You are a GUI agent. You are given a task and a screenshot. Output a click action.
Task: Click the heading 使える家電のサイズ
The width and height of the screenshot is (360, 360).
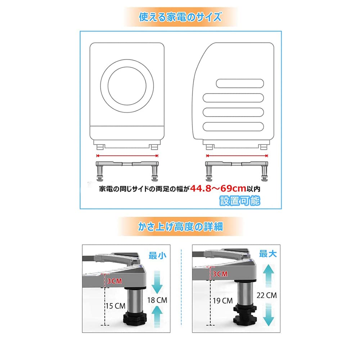click(x=180, y=17)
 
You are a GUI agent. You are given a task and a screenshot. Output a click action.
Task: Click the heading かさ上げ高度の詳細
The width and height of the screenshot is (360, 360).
click(x=180, y=227)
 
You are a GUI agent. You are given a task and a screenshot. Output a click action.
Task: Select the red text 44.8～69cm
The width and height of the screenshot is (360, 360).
click(x=218, y=188)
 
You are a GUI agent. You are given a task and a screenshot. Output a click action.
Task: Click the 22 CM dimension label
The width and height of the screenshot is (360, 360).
click(x=267, y=295)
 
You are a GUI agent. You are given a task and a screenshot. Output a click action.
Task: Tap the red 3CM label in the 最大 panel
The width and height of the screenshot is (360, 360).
click(x=220, y=274)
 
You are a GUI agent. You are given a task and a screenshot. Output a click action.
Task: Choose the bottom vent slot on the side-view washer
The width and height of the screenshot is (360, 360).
click(x=234, y=126)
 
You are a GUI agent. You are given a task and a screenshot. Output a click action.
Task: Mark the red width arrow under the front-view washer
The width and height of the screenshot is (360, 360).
click(x=127, y=156)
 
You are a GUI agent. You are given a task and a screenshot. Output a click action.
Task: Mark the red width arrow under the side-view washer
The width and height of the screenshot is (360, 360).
click(x=237, y=156)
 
